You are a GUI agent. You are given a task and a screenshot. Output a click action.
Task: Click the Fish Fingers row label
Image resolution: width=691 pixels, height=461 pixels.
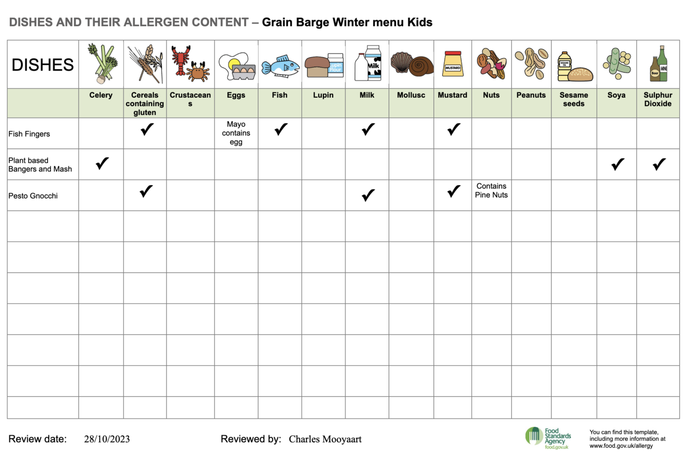[x=29, y=134]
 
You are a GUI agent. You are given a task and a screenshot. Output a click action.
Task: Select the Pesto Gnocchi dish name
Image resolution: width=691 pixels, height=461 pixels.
[x=33, y=196]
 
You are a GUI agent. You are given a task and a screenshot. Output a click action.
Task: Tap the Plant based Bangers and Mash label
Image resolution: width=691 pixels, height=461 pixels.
[x=40, y=165]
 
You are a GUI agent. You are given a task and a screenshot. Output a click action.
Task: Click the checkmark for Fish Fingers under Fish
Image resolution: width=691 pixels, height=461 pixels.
[x=281, y=129]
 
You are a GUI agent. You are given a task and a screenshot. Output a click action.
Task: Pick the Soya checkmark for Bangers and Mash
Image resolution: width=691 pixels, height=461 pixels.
[x=617, y=164]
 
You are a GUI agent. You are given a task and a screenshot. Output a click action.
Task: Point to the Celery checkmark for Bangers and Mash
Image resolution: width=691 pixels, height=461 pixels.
[x=102, y=163]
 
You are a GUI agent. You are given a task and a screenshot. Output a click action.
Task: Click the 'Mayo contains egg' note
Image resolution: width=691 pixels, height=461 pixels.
[x=236, y=133]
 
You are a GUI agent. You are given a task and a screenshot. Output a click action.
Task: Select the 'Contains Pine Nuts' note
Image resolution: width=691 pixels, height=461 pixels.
[x=491, y=191]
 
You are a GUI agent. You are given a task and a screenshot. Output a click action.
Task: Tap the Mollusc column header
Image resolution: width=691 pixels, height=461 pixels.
[x=411, y=95]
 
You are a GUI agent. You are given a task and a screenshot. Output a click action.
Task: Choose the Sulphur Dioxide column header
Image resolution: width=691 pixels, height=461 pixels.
[x=657, y=99]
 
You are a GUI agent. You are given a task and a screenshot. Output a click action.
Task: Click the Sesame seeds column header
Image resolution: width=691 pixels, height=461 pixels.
[x=574, y=99]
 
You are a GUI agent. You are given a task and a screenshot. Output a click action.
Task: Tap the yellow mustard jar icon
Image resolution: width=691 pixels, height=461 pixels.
[x=453, y=64]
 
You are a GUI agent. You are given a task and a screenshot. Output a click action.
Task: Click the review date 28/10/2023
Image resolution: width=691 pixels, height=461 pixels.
[x=107, y=439]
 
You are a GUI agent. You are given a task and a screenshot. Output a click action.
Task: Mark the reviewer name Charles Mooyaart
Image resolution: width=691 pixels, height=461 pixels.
[x=325, y=439]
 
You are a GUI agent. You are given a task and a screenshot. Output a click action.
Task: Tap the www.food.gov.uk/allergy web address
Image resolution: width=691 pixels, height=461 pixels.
[x=621, y=446]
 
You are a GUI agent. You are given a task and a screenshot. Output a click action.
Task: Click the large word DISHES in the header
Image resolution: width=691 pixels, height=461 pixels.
[x=42, y=65]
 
